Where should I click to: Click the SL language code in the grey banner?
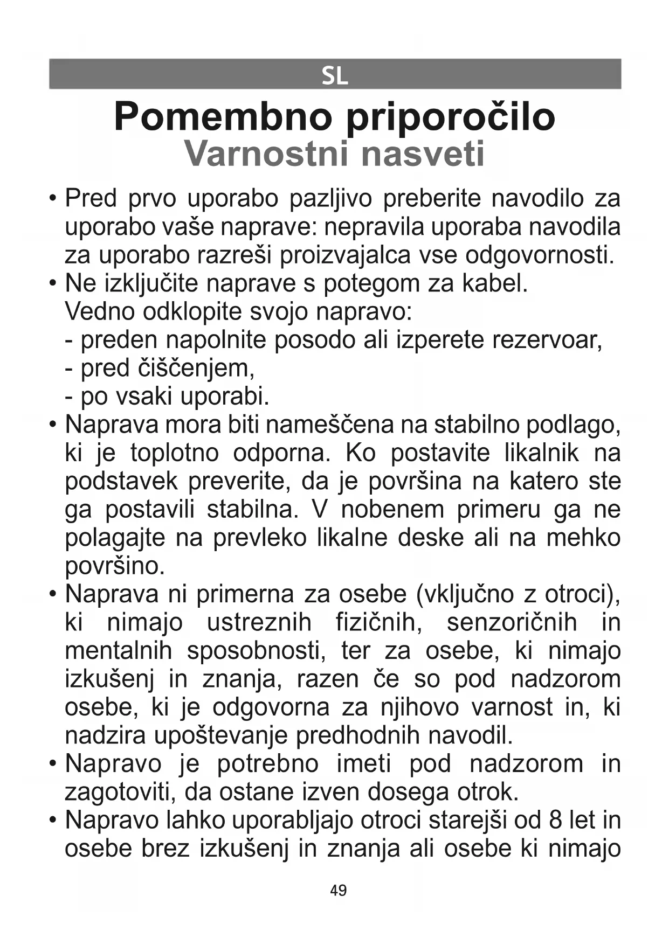[x=335, y=76]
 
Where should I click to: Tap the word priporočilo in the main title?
[x=450, y=118]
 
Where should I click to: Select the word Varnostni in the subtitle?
[x=265, y=154]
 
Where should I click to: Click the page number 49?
[x=338, y=891]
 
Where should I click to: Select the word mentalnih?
[x=118, y=651]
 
